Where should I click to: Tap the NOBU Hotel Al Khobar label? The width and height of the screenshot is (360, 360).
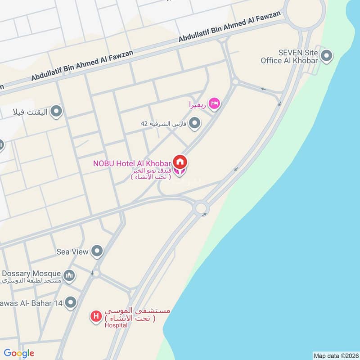pos(132,163)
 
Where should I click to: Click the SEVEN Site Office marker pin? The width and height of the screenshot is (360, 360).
pos(327,56)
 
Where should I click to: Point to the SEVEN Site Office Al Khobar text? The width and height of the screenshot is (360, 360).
pos(289,57)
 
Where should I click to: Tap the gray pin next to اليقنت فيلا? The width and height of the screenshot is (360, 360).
pos(56,111)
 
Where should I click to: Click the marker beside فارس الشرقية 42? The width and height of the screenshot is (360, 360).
pos(194,122)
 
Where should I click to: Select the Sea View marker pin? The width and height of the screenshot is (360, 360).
pos(97,251)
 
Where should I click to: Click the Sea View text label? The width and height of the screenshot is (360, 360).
pos(72,252)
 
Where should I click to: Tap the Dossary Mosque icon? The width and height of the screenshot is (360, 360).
pos(69,275)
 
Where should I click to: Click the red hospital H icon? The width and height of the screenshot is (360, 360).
pos(95,316)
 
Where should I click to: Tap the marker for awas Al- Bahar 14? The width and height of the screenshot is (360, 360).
pos(71,302)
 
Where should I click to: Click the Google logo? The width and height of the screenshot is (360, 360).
pos(19,353)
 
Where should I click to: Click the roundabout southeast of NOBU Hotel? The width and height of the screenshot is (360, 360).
pos(201,208)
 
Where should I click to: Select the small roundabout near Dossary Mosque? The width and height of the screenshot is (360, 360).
pos(95,273)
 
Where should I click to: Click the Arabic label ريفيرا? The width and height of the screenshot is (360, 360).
pos(197,104)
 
